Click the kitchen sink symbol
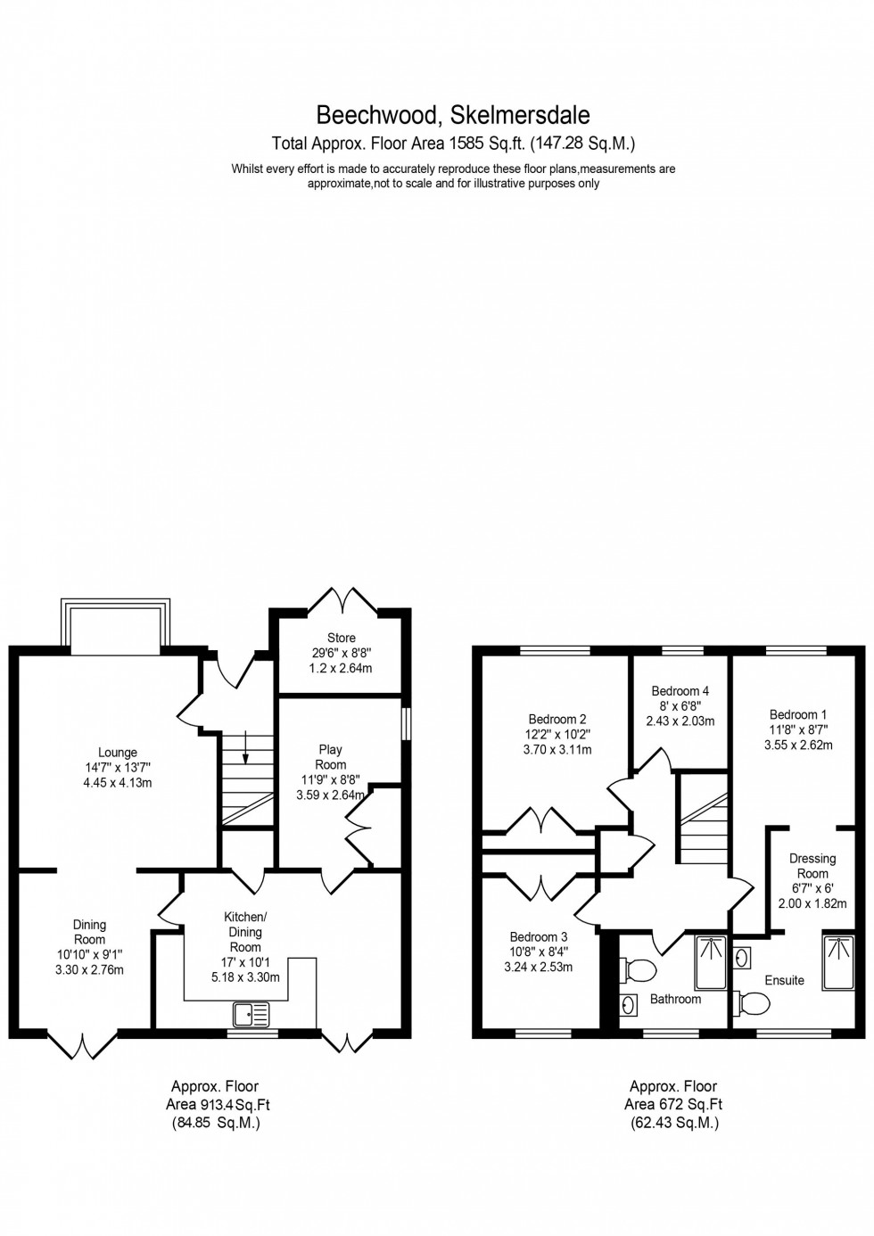[x=251, y=1014]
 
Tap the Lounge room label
[x=118, y=754]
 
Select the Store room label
[x=341, y=638]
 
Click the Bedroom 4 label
[x=680, y=691]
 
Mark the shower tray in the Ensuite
[x=838, y=962]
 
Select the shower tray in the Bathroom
[x=710, y=962]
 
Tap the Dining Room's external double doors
[x=82, y=1044]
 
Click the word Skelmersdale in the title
[x=521, y=115]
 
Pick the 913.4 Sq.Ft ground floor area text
[x=232, y=1105]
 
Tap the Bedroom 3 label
[x=538, y=937]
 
